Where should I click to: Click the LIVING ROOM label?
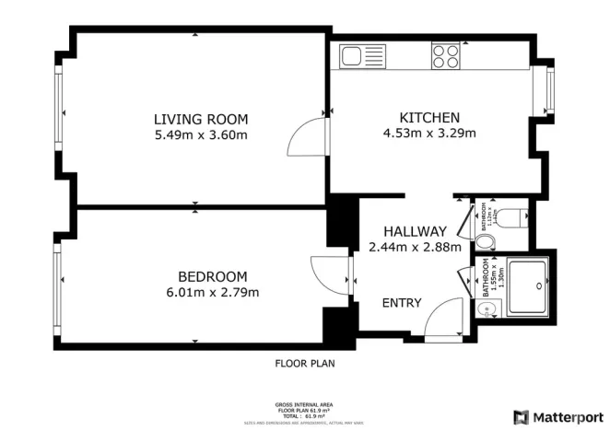201,119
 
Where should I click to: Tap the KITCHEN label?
428,117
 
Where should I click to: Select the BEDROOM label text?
212,276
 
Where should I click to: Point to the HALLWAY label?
415,231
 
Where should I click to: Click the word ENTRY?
402,303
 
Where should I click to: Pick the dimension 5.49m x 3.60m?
201,135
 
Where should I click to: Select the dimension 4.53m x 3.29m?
428,133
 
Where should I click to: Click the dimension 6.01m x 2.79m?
212,293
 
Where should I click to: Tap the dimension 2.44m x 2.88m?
415,247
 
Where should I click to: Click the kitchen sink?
356,57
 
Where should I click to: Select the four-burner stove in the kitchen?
445,56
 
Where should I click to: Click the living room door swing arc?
307,140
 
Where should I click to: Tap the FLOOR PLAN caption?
305,364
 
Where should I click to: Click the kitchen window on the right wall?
550,91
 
